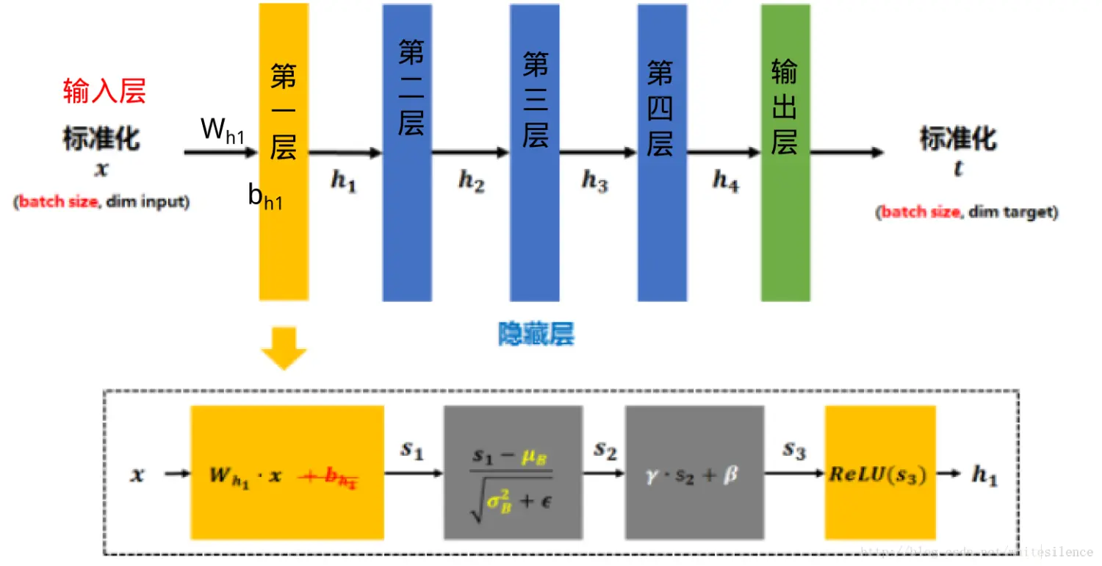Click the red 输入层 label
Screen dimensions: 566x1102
point(104,91)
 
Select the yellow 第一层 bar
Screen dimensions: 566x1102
point(284,221)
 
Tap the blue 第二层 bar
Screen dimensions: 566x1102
point(406,221)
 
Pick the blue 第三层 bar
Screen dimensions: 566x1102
point(535,221)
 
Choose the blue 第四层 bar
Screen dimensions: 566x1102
point(662,221)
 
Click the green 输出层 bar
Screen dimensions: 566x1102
point(785,221)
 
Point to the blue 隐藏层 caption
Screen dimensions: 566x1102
point(536,334)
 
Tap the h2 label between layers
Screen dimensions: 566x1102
point(471,180)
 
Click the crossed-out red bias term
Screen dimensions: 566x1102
point(331,478)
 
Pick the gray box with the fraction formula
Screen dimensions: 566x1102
point(513,473)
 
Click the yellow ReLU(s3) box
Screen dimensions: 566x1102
point(879,473)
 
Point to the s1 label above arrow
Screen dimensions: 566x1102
point(412,449)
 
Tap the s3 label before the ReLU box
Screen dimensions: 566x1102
point(793,449)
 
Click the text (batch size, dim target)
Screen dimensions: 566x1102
point(967,212)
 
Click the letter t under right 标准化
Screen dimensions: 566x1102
point(958,169)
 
